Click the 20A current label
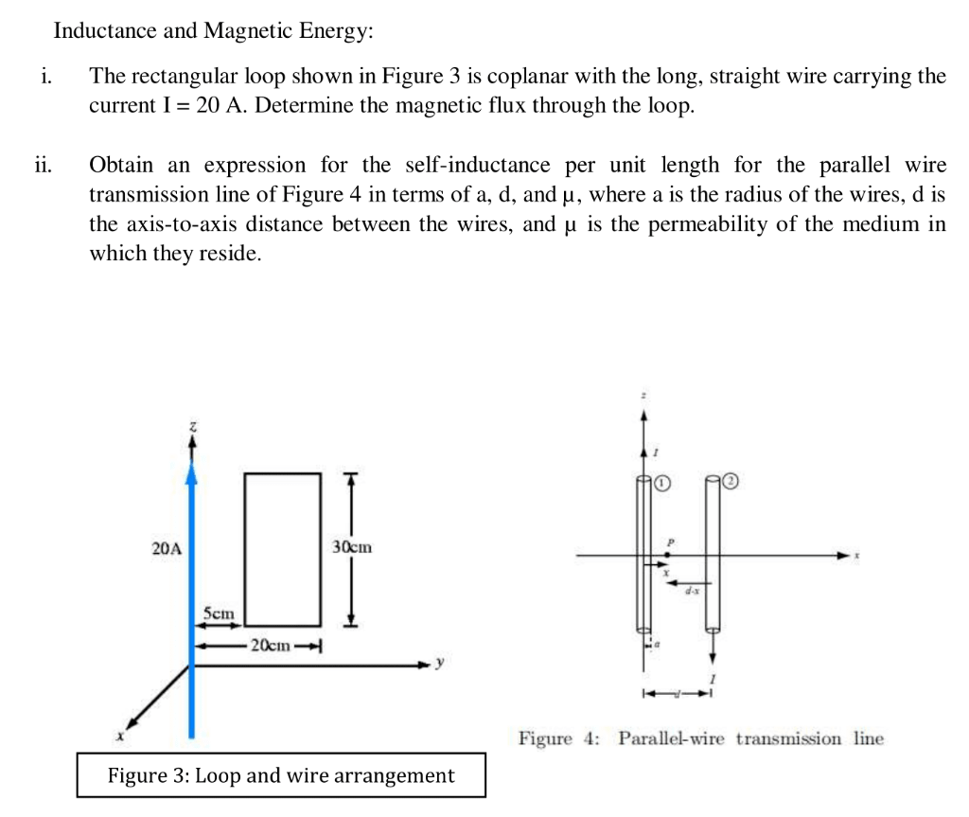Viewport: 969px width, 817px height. coord(167,547)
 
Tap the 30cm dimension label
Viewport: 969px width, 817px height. coord(352,547)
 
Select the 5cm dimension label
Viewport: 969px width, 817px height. coord(219,613)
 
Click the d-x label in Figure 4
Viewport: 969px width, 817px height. coord(692,591)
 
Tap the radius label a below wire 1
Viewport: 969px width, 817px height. coord(658,647)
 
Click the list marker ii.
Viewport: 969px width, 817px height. coord(44,166)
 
